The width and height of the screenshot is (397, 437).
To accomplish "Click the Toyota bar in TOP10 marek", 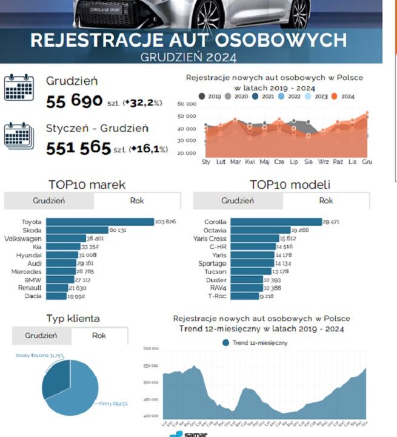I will [x=100, y=222].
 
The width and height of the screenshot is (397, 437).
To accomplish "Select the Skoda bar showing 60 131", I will [x=77, y=231].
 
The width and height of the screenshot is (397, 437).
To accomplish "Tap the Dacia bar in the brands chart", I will [x=56, y=296].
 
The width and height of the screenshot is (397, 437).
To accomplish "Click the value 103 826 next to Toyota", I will [x=165, y=222].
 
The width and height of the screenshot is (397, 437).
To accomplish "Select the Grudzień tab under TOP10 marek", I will [x=49, y=201].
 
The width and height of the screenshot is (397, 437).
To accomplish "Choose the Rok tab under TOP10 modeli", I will [x=325, y=201].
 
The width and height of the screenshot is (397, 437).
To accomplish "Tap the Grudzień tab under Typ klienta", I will [x=41, y=336].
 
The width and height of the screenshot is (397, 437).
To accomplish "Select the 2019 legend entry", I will [x=209, y=96].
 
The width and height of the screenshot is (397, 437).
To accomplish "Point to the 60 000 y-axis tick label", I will [x=187, y=104].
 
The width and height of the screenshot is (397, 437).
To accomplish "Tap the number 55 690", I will [x=74, y=102].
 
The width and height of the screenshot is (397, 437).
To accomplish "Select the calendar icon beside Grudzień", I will [x=19, y=87].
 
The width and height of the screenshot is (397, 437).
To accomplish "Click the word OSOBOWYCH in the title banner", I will [x=279, y=40].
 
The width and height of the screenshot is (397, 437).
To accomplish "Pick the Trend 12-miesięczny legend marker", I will [x=226, y=343].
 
